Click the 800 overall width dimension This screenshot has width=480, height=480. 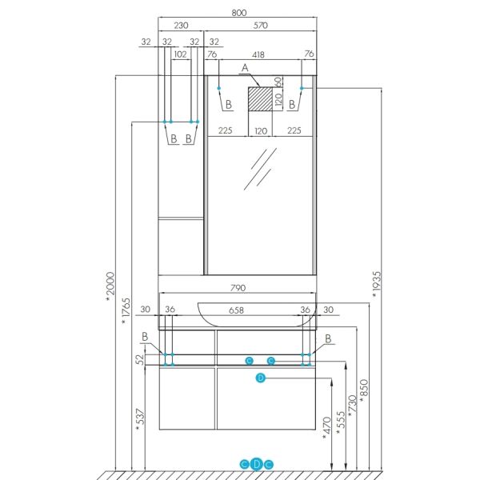pos(240,13)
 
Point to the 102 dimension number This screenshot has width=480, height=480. pos(180,54)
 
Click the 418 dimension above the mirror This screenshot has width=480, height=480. pos(258,54)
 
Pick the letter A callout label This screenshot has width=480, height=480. pos(246,70)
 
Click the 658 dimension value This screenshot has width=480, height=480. pos(236,310)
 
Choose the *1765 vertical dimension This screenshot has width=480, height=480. pos(125,311)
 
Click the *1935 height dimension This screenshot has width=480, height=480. pos(376,285)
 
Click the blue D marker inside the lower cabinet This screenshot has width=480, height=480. pos(260,378)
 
